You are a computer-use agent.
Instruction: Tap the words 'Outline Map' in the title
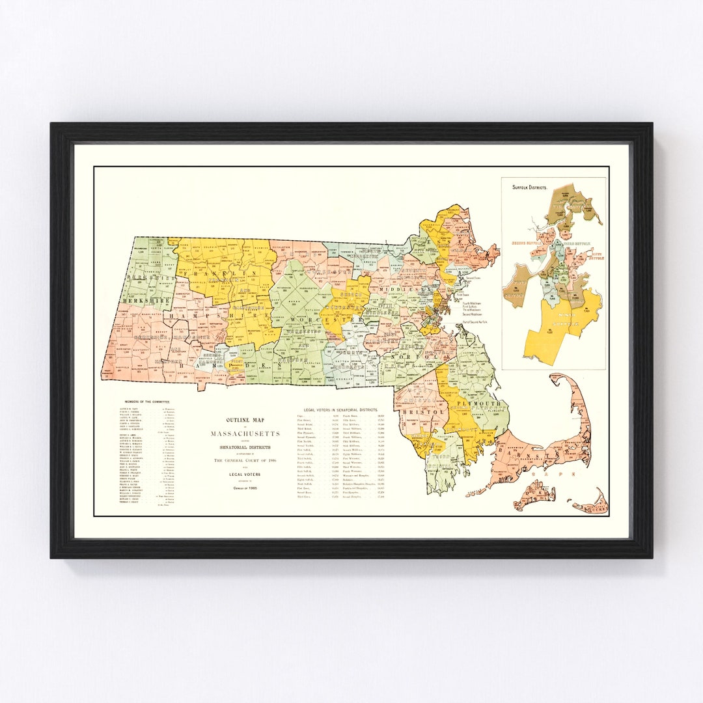pyautogui.click(x=244, y=420)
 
